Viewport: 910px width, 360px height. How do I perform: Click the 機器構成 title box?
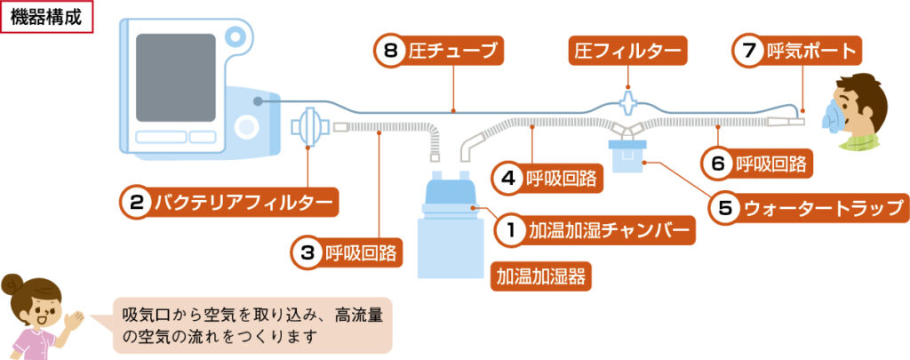point(46,18)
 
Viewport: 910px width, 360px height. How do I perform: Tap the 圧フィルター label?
point(627,52)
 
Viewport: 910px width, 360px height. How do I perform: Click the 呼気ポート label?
point(798,52)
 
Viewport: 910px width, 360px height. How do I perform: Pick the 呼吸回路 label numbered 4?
point(547,178)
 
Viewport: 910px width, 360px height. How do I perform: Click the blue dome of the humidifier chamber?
point(451,190)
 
